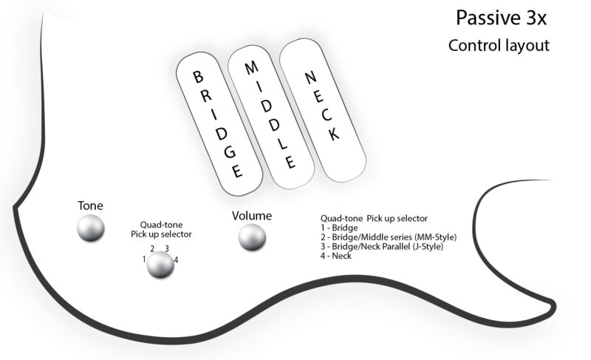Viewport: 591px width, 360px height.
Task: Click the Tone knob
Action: pyautogui.click(x=92, y=228)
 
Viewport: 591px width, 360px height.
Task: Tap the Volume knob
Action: pyautogui.click(x=252, y=237)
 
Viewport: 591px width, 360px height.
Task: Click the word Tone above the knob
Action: pyautogui.click(x=91, y=205)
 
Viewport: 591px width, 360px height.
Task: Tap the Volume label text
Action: pyautogui.click(x=252, y=216)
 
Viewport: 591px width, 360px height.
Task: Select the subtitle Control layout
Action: pyautogui.click(x=498, y=45)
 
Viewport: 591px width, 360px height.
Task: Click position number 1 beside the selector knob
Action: pyautogui.click(x=144, y=259)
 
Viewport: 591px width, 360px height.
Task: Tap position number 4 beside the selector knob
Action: pyautogui.click(x=175, y=259)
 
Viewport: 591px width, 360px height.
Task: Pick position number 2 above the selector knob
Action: pyautogui.click(x=152, y=248)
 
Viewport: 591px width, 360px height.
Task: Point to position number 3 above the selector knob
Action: pyautogui.click(x=167, y=248)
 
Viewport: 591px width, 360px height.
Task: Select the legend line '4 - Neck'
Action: pyautogui.click(x=336, y=256)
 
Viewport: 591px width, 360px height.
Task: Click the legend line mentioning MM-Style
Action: pyautogui.click(x=389, y=237)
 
